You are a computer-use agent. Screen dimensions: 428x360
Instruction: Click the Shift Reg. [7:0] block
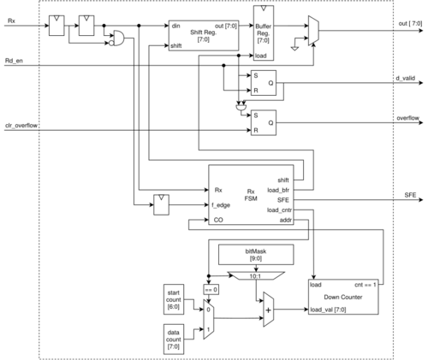pyautogui.click(x=204, y=36)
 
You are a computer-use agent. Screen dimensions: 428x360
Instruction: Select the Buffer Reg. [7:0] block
pyautogui.click(x=264, y=33)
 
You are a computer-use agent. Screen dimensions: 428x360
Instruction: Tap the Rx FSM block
pyautogui.click(x=251, y=195)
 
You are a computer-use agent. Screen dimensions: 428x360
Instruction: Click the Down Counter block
pyautogui.click(x=343, y=297)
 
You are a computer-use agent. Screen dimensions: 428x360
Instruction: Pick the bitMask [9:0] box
pyautogui.click(x=256, y=255)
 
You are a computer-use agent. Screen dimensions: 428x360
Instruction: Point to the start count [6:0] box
pyautogui.click(x=174, y=299)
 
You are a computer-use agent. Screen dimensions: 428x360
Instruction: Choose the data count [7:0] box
pyautogui.click(x=174, y=339)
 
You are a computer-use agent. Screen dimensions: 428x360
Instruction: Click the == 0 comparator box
pyautogui.click(x=211, y=290)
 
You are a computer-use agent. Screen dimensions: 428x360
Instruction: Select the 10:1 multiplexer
pyautogui.click(x=256, y=275)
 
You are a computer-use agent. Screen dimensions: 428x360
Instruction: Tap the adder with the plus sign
pyautogui.click(x=268, y=310)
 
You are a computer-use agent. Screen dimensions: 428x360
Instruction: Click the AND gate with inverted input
pyautogui.click(x=117, y=38)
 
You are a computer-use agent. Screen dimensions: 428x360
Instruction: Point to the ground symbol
pyautogui.click(x=294, y=49)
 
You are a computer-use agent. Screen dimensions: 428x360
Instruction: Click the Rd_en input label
pyautogui.click(x=14, y=61)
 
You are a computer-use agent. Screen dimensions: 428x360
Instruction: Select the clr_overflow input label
pyautogui.click(x=21, y=126)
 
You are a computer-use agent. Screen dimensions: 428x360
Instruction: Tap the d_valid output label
pyautogui.click(x=406, y=78)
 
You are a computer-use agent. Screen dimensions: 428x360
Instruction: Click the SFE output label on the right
pyautogui.click(x=410, y=195)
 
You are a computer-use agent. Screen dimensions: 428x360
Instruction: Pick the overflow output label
pyautogui.click(x=408, y=118)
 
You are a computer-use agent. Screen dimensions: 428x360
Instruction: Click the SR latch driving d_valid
pyautogui.click(x=264, y=83)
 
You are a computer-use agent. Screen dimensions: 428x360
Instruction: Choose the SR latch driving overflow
pyautogui.click(x=264, y=122)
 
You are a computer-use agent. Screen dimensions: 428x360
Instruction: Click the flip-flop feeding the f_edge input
pyautogui.click(x=161, y=204)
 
